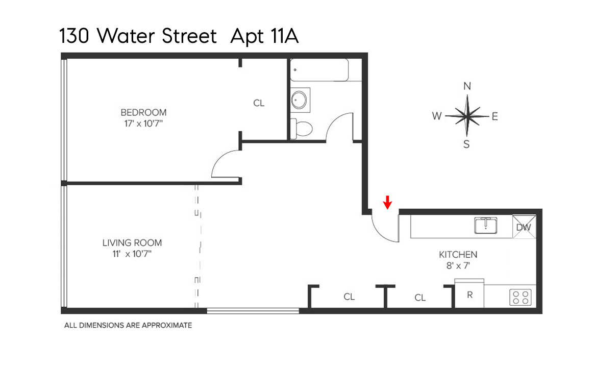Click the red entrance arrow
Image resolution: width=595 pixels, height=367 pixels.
pyautogui.click(x=387, y=203)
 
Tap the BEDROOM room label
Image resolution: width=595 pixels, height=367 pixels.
pyautogui.click(x=143, y=112)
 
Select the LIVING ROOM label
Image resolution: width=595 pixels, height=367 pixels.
pyautogui.click(x=132, y=243)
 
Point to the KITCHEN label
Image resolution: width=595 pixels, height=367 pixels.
pyautogui.click(x=458, y=254)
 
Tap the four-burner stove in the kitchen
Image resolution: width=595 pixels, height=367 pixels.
pyautogui.click(x=521, y=297)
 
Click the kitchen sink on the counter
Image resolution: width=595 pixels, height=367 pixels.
pyautogui.click(x=486, y=225)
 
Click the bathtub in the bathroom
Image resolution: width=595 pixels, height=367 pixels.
pyautogui.click(x=319, y=70)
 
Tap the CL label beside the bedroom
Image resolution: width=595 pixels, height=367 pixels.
pyautogui.click(x=259, y=103)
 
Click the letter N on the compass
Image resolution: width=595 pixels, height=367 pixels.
pyautogui.click(x=467, y=86)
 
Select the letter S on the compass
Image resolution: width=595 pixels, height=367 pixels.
pyautogui.click(x=466, y=144)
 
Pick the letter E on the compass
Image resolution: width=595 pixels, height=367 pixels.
pyautogui.click(x=494, y=116)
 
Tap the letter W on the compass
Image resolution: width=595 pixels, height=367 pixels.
pyautogui.click(x=437, y=116)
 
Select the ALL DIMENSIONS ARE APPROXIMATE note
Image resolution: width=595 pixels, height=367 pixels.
pyautogui.click(x=128, y=325)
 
